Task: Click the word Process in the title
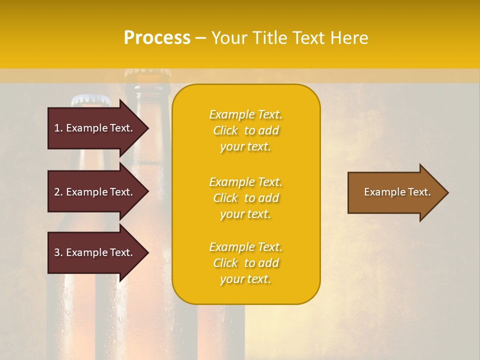tap(157, 38)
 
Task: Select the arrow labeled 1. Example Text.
tap(95, 128)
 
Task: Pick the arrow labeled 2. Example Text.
tap(95, 192)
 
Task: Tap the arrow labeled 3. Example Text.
tap(95, 252)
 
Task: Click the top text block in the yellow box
tap(245, 130)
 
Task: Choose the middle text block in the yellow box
tap(245, 198)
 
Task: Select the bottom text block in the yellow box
tap(245, 263)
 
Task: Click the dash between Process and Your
tap(200, 38)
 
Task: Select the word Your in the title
tap(229, 38)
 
